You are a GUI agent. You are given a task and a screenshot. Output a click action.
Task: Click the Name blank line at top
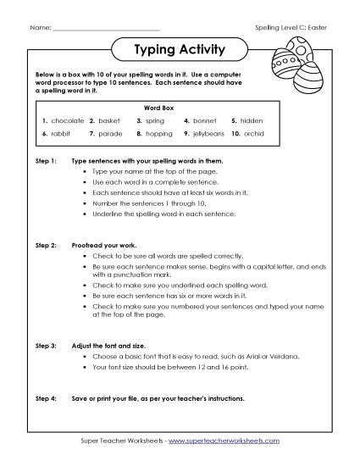coord(105,29)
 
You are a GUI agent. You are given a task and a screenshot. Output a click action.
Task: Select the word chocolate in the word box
coord(68,121)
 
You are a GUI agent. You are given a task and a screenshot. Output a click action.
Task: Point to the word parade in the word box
coord(111,134)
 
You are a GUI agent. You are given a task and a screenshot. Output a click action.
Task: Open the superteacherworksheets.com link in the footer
coord(223,441)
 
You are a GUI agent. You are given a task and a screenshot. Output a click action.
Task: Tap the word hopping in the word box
coord(158,134)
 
